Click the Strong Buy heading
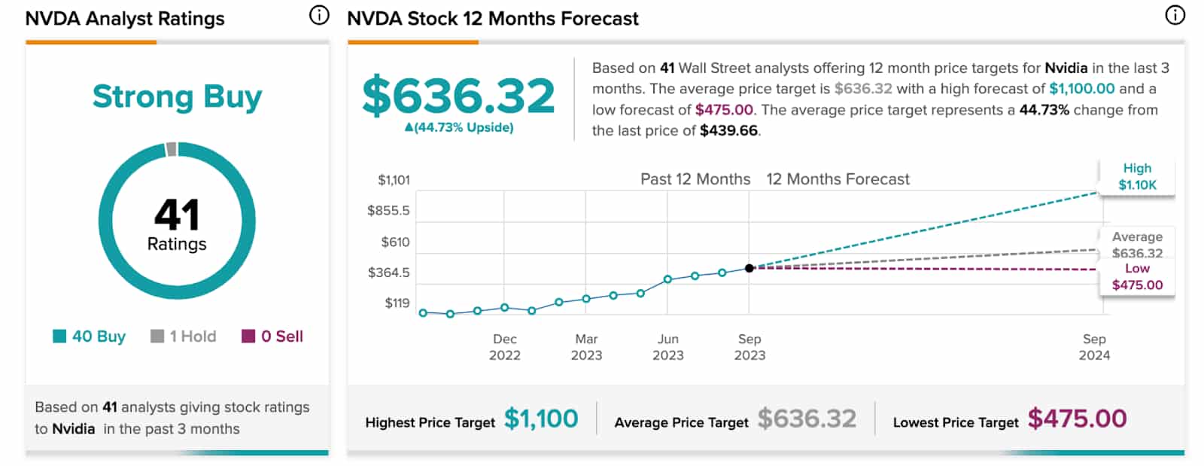click(177, 97)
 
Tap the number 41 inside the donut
click(177, 215)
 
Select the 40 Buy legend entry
click(90, 337)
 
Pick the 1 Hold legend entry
click(184, 337)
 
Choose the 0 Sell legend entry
click(272, 337)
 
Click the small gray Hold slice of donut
click(172, 149)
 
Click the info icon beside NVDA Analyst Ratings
click(320, 16)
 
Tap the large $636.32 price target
click(458, 96)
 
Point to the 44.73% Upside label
click(459, 128)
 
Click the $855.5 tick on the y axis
click(388, 211)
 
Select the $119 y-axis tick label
click(397, 303)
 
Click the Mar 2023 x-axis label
click(586, 347)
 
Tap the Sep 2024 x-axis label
click(1094, 347)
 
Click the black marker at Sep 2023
click(749, 268)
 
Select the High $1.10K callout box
click(1137, 177)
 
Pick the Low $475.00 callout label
click(1137, 277)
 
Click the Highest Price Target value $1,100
click(541, 419)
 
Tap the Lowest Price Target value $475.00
click(1077, 419)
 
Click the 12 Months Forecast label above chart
click(838, 179)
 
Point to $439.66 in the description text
click(728, 131)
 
